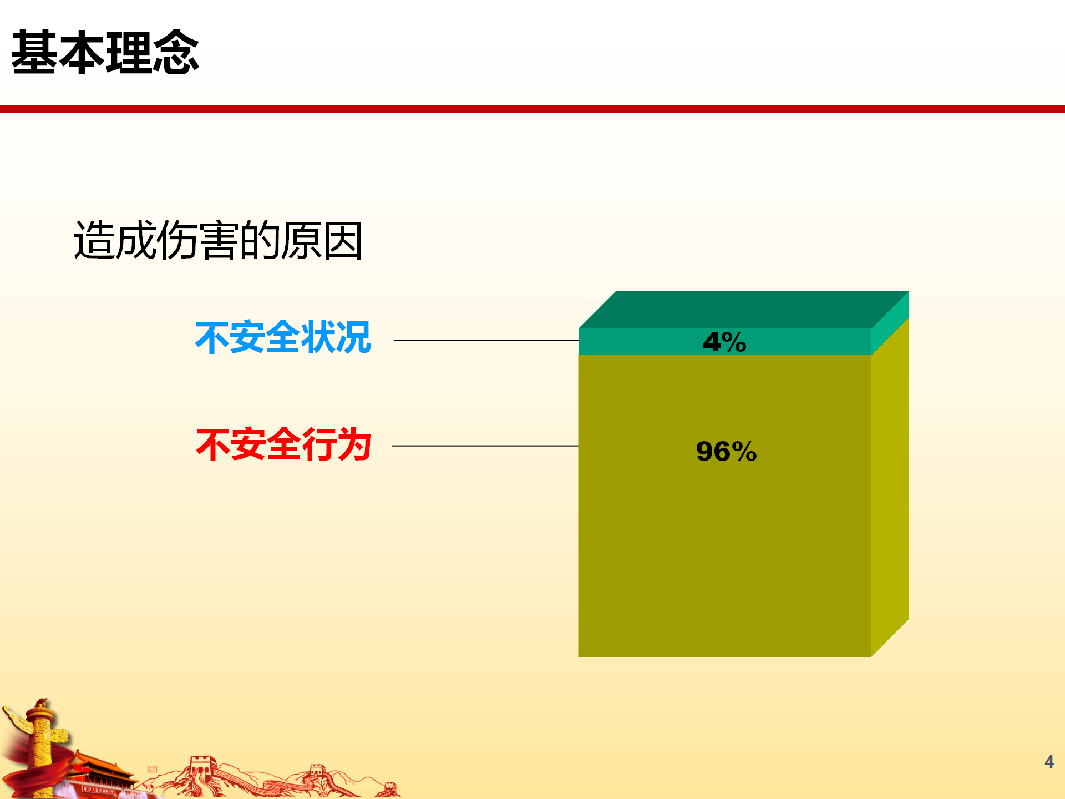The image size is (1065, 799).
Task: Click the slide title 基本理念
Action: pyautogui.click(x=105, y=52)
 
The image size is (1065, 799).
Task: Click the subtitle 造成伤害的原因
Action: pyautogui.click(x=218, y=240)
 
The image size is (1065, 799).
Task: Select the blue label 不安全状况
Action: pyautogui.click(x=283, y=337)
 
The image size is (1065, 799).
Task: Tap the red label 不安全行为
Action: pyautogui.click(x=283, y=444)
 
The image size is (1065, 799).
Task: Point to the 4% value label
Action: pyautogui.click(x=724, y=342)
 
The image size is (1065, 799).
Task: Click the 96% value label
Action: pyautogui.click(x=726, y=451)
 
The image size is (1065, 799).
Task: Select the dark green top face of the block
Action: pyautogui.click(x=743, y=310)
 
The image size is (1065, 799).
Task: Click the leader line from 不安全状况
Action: pyautogui.click(x=486, y=340)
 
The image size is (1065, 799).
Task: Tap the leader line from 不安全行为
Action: pyautogui.click(x=485, y=446)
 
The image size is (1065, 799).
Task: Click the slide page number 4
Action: pyautogui.click(x=1049, y=762)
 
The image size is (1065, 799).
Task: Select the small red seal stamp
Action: pyautogui.click(x=152, y=769)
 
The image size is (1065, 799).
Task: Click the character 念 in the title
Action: pyautogui.click(x=176, y=52)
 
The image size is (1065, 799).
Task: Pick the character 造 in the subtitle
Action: pyautogui.click(x=94, y=240)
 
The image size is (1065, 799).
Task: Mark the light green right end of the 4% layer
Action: pyautogui.click(x=890, y=323)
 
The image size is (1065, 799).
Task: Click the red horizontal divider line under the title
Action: pyautogui.click(x=532, y=109)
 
